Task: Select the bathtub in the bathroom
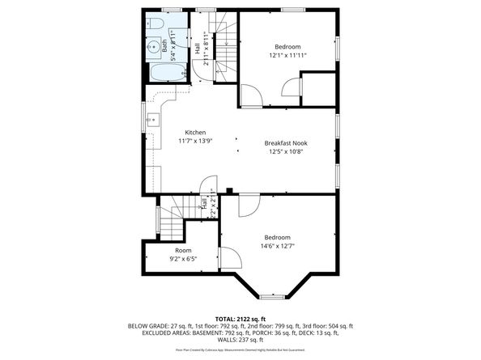(166, 74)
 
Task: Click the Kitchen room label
(194, 133)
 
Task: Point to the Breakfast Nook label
(286, 142)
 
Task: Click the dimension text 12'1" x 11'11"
(288, 56)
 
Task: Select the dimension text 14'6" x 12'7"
(277, 246)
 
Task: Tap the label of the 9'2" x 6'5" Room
(183, 251)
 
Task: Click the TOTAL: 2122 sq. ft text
(240, 319)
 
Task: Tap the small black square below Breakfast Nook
(230, 191)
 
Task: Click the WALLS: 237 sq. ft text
(240, 340)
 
